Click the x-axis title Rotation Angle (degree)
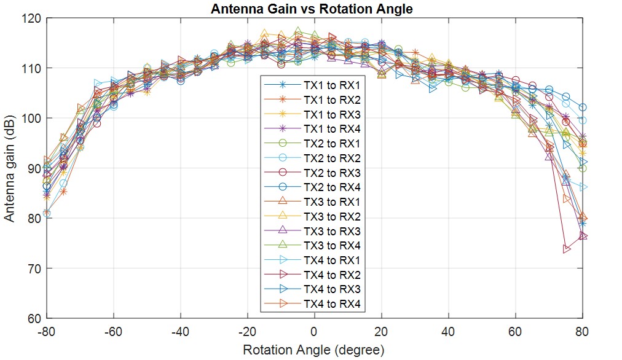(x=313, y=350)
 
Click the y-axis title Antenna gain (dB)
(x=10, y=168)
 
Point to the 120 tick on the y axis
(x=34, y=18)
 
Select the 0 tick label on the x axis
(x=314, y=332)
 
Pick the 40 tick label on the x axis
(x=449, y=332)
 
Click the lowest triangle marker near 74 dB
(x=567, y=249)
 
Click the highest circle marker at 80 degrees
(x=583, y=108)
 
